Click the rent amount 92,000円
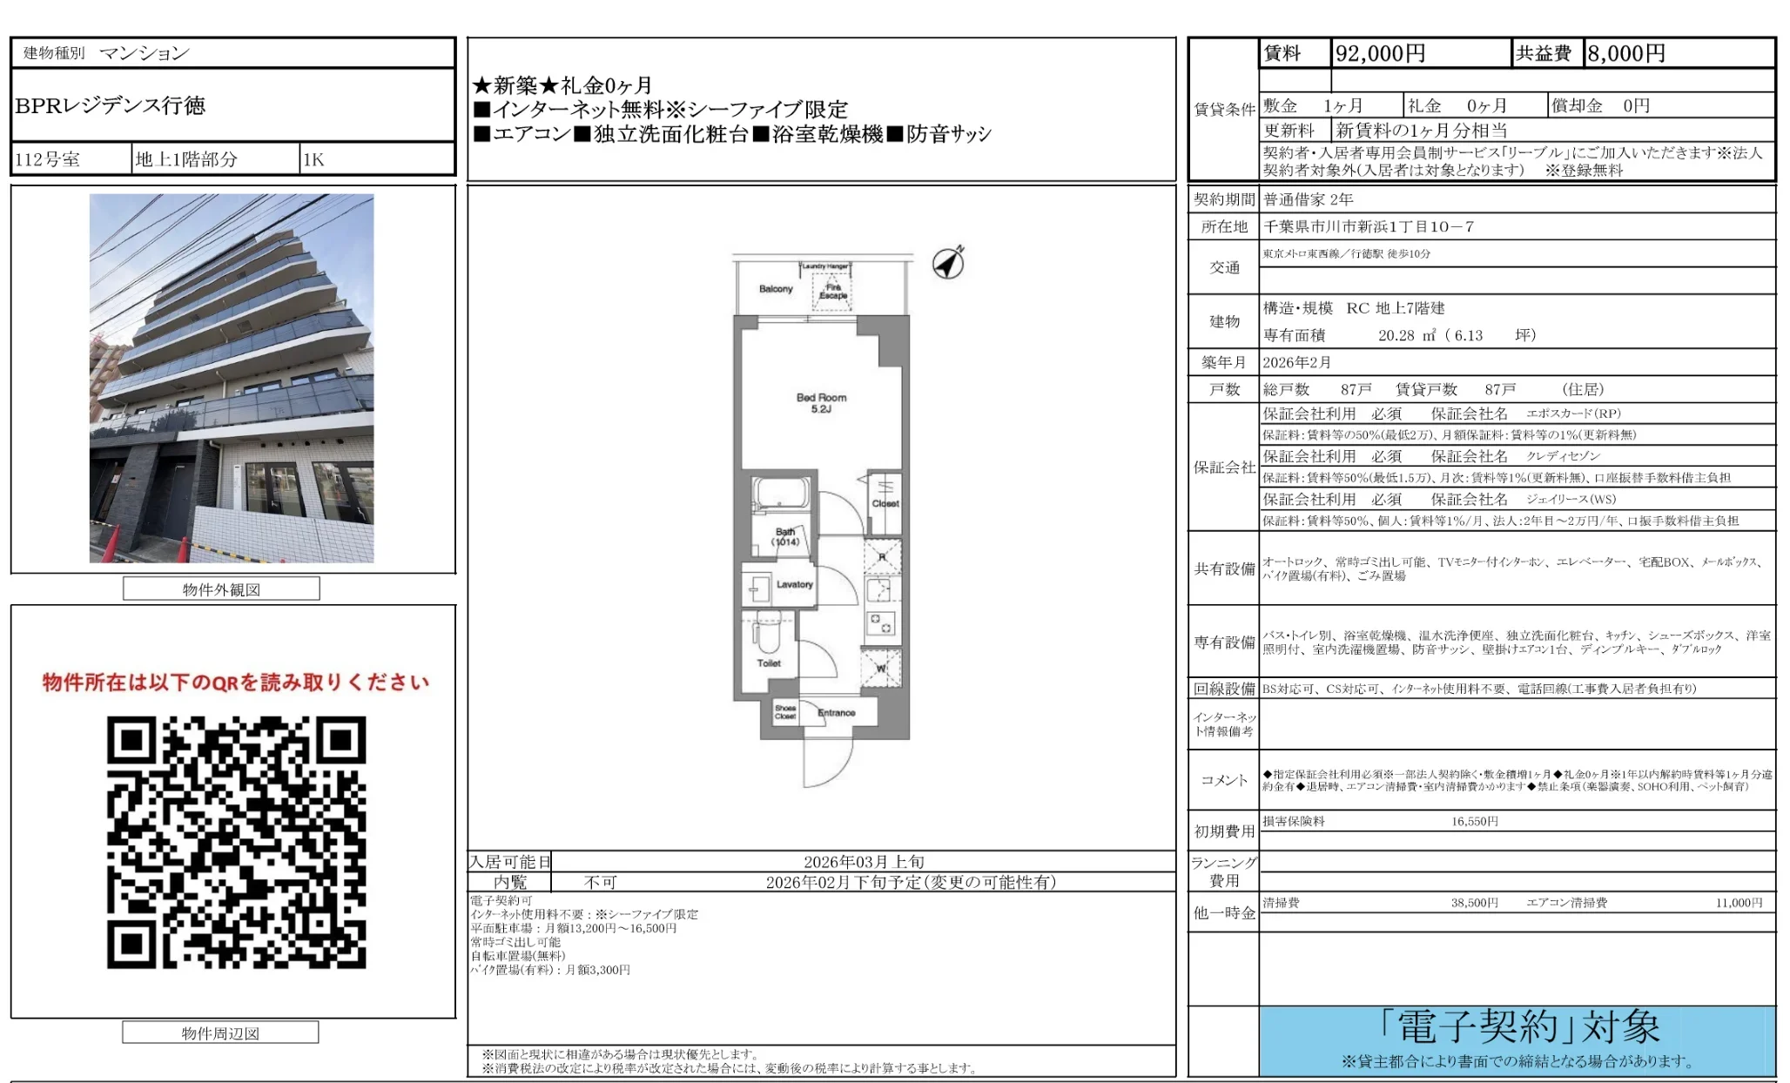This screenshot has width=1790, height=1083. point(1380,54)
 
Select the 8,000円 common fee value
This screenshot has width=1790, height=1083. point(1625,54)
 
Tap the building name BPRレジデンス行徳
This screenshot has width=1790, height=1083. point(111,105)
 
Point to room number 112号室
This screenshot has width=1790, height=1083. point(48,159)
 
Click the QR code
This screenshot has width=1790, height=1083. point(236,842)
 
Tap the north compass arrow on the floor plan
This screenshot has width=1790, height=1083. point(949,262)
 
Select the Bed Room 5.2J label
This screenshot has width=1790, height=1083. point(821,403)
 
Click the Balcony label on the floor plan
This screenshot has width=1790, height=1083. point(776,289)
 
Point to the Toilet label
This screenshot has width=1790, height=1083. point(769,663)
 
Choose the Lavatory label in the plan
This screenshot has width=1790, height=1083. point(794,584)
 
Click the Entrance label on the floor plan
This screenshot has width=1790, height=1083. point(836,713)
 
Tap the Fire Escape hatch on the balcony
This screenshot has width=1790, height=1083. point(832,291)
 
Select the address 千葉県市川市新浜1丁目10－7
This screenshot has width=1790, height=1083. point(1369,226)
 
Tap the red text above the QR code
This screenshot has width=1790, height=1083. point(236,682)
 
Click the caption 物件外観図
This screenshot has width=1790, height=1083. point(221,589)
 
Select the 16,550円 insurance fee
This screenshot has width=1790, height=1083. point(1474,821)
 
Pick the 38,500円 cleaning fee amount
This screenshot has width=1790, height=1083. point(1474,903)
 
